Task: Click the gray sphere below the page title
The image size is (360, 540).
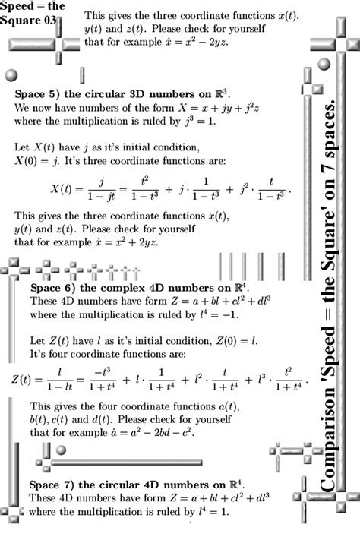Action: [x=11, y=74]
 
